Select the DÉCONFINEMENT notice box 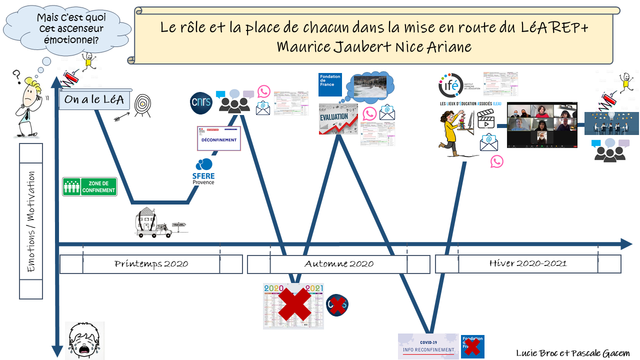click(219, 138)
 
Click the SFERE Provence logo click(203, 171)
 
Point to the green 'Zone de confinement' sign click(89, 186)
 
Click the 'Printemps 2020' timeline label click(151, 264)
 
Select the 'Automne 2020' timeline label click(338, 264)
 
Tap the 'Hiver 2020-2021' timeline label click(528, 263)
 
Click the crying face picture click(85, 340)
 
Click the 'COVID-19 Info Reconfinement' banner click(428, 346)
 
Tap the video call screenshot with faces click(542, 125)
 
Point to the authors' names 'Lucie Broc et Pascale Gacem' click(572, 353)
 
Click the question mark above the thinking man click(16, 76)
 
